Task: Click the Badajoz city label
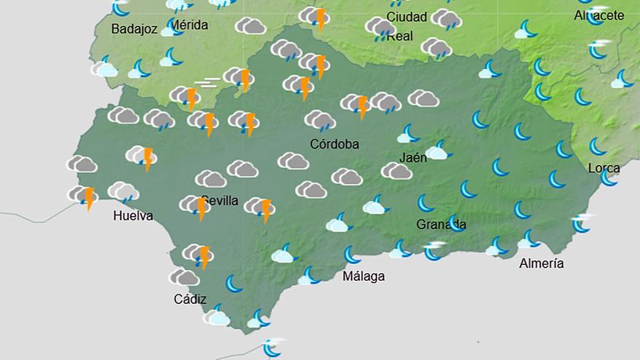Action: pos(135,29)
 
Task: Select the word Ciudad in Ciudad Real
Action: pos(407,17)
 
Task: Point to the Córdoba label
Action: pos(335,144)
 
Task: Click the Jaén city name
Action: pos(413,157)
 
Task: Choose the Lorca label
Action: pos(604,168)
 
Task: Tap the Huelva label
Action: pos(133,216)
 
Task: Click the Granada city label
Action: pos(441,224)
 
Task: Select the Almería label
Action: pos(541,263)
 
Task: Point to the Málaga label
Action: pos(363,276)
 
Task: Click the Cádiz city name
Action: pos(190,299)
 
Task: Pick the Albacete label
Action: pos(599,15)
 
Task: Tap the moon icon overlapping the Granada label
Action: pos(457,223)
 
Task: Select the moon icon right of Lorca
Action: pos(609,177)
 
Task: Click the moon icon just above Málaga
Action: pos(352,255)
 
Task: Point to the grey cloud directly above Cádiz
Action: pos(184,277)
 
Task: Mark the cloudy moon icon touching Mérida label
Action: pos(172,28)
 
